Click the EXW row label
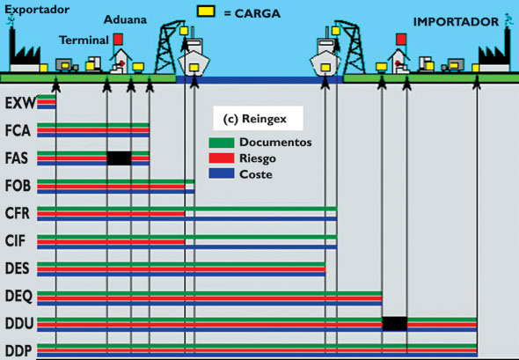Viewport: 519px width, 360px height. (20, 103)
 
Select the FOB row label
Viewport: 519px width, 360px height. (18, 186)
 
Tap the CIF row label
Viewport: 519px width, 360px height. (15, 241)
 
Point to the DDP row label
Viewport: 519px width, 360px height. (18, 351)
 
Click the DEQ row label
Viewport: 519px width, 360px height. (18, 296)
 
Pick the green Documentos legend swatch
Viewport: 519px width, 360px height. (222, 143)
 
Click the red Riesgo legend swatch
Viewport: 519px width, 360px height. (222, 158)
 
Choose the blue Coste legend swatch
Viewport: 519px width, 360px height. (222, 173)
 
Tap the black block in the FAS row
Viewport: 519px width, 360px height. (119, 158)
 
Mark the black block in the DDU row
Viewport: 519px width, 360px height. (395, 324)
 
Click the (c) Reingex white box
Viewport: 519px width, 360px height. (258, 118)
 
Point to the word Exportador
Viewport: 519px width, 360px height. (37, 10)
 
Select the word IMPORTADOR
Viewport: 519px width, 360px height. (456, 22)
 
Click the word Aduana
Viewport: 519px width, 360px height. (125, 19)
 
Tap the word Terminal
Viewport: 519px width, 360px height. (84, 40)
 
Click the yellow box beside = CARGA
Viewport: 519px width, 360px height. (206, 11)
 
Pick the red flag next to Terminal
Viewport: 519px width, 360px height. (118, 39)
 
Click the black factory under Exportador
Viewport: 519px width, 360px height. (25, 53)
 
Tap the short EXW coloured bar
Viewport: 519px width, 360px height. (47, 102)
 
